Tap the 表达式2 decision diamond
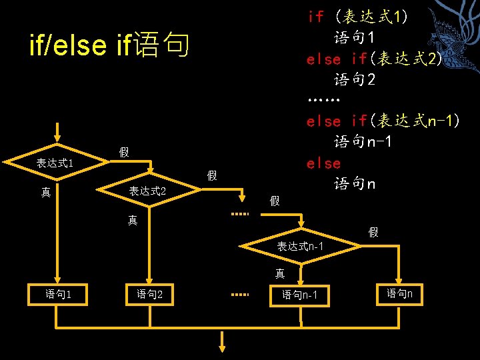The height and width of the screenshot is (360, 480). point(147,191)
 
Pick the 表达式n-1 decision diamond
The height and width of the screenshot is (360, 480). point(301,247)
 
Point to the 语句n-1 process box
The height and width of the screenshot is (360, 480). point(301,295)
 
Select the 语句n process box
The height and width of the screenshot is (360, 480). point(401,293)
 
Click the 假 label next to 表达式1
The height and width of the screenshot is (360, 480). point(124,153)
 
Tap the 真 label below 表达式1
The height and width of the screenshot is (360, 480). point(45,193)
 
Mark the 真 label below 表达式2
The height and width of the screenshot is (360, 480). point(133,219)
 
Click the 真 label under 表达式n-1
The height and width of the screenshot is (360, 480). point(280,273)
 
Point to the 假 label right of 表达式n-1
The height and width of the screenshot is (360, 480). point(373,232)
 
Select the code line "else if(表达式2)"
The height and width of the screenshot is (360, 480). point(374,59)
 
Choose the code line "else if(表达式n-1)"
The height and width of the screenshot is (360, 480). point(382,121)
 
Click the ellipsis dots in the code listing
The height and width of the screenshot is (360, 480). point(325,101)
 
